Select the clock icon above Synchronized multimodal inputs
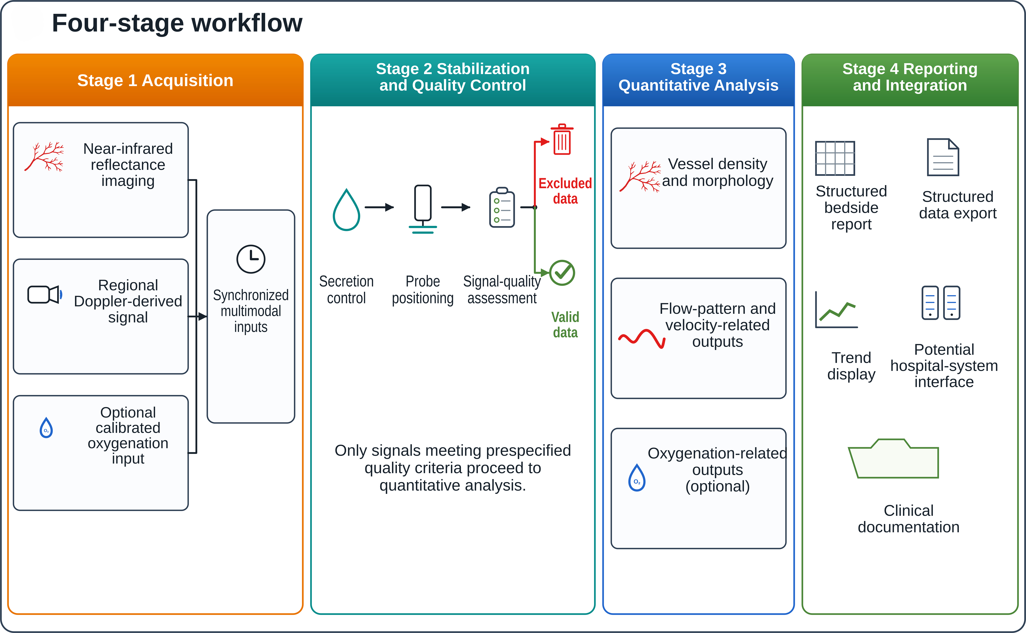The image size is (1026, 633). [x=251, y=259]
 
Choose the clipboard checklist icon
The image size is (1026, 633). [x=502, y=207]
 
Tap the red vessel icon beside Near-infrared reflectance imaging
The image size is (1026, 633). [x=44, y=157]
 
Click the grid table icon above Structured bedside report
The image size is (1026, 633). [x=835, y=158]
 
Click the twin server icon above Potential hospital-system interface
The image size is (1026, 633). [x=941, y=303]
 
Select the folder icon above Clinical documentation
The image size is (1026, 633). [x=893, y=458]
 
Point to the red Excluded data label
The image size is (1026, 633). [x=565, y=191]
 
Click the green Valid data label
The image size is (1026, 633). [x=565, y=325]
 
